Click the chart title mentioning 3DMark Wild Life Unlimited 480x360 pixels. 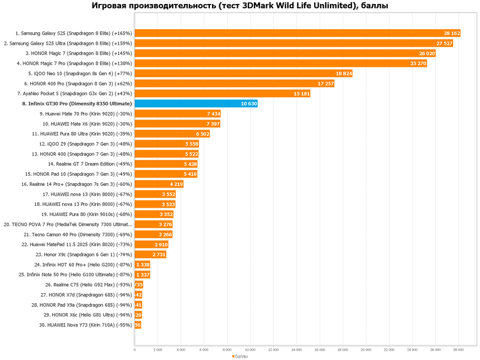pyautogui.click(x=240, y=6)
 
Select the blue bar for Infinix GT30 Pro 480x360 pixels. pyautogui.click(x=196, y=103)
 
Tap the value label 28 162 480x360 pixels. pyautogui.click(x=452, y=33)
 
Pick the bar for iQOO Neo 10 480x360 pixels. pyautogui.click(x=243, y=73)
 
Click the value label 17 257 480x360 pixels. pyautogui.click(x=325, y=83)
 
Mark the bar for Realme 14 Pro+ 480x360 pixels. pyautogui.click(x=159, y=184)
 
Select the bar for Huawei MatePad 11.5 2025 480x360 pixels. pyautogui.click(x=151, y=244)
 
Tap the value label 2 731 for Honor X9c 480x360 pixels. pyautogui.click(x=158, y=255)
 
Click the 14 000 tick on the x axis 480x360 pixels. pyautogui.click(x=296, y=350)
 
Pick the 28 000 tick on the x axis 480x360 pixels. pyautogui.click(x=458, y=350)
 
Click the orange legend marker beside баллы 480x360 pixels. pyautogui.click(x=233, y=356)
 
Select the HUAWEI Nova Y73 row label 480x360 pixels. pyautogui.click(x=89, y=325)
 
